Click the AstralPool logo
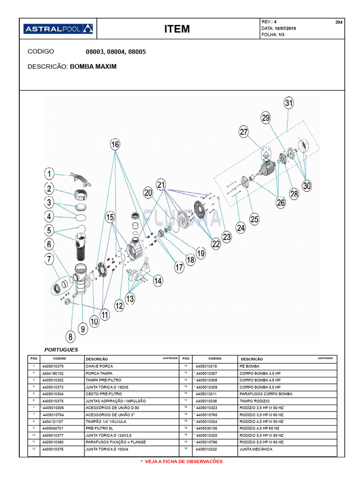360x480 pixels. pyautogui.click(x=58, y=29)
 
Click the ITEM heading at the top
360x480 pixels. pyautogui.click(x=177, y=29)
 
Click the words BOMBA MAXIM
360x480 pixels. pyautogui.click(x=93, y=67)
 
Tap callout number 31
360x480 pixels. pyautogui.click(x=289, y=103)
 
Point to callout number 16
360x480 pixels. pyautogui.click(x=115, y=144)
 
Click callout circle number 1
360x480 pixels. pyautogui.click(x=49, y=174)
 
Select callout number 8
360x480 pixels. pyautogui.click(x=70, y=336)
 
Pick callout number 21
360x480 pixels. pyautogui.click(x=161, y=185)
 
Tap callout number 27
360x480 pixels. pyautogui.click(x=244, y=132)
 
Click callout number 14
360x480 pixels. pyautogui.click(x=157, y=281)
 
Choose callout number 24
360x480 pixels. pyautogui.click(x=240, y=228)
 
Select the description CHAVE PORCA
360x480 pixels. pyautogui.click(x=99, y=366)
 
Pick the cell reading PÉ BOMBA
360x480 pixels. pyautogui.click(x=249, y=366)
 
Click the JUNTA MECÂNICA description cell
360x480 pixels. pyautogui.click(x=255, y=449)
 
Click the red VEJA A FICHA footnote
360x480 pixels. pyautogui.click(x=181, y=462)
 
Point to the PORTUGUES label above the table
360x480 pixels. pyautogui.click(x=61, y=350)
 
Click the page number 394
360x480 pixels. pyautogui.click(x=339, y=22)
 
